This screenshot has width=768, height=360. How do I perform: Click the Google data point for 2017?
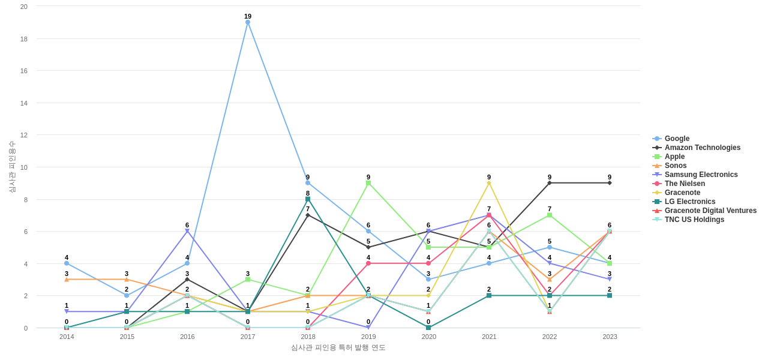click(x=248, y=22)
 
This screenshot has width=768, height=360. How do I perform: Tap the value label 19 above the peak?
click(x=248, y=16)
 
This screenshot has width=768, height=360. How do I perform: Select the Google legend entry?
click(x=677, y=139)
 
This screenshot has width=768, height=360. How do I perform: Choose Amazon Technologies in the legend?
click(x=702, y=148)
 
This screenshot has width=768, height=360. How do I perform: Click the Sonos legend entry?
click(x=676, y=166)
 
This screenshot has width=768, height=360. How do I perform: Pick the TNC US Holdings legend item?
click(x=694, y=220)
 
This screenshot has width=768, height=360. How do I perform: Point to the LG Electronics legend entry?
click(x=690, y=202)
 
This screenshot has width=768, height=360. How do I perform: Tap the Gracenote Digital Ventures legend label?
click(x=710, y=211)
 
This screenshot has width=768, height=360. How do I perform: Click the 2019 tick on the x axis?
click(x=368, y=337)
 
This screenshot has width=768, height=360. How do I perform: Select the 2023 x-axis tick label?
click(x=610, y=337)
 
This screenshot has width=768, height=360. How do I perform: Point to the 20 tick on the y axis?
click(x=24, y=7)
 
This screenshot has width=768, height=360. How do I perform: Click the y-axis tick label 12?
click(x=24, y=135)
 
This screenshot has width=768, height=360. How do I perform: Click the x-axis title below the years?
click(x=338, y=347)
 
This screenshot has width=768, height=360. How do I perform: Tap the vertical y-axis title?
click(x=12, y=167)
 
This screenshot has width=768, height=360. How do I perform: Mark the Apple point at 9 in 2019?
click(x=368, y=183)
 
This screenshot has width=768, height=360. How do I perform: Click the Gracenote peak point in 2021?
click(x=489, y=183)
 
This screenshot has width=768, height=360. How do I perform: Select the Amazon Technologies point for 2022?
click(x=550, y=183)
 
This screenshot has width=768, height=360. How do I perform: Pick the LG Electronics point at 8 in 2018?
click(x=308, y=199)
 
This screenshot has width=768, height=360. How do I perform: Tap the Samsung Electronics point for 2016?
click(x=187, y=231)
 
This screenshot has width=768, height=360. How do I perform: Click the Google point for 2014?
click(x=67, y=263)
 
